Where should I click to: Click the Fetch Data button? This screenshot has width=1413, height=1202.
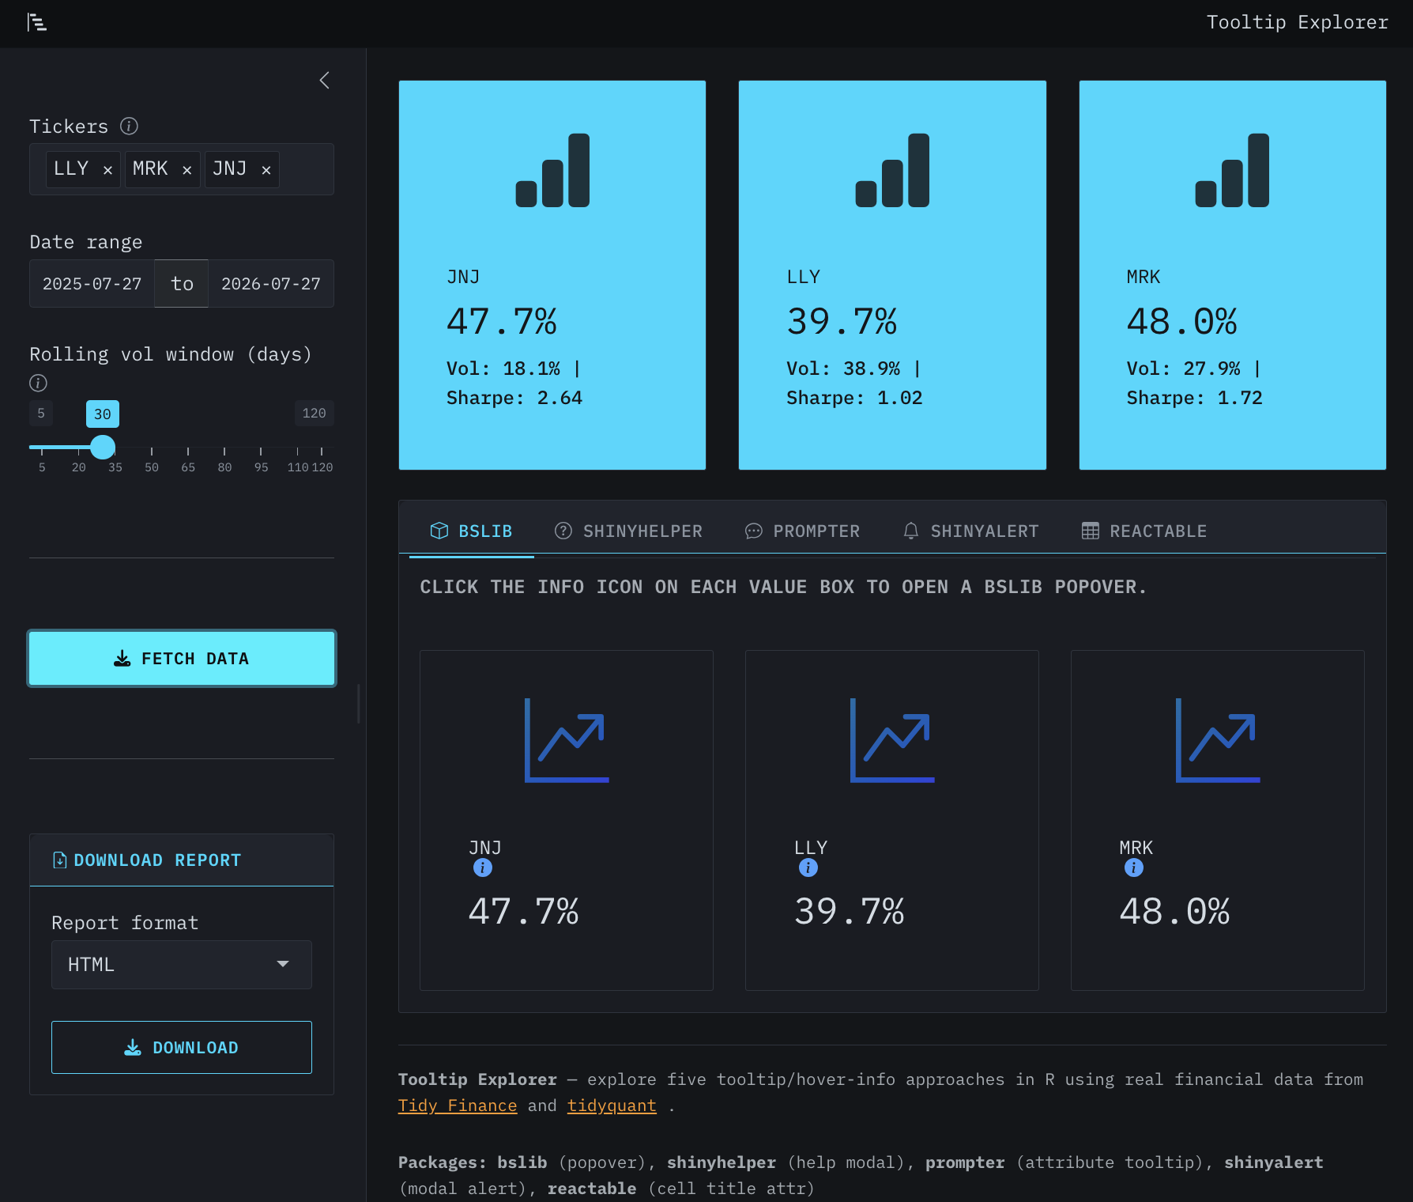[x=182, y=658]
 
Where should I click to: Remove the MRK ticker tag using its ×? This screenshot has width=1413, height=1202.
[x=187, y=170]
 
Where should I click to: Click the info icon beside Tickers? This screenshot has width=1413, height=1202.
[x=129, y=126]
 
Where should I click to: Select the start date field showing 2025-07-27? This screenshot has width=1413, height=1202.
[x=92, y=284]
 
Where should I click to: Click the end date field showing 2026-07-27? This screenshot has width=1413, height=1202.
[x=271, y=284]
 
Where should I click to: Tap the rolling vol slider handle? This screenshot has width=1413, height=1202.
[x=103, y=447]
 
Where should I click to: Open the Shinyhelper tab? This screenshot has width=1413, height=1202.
[x=628, y=531]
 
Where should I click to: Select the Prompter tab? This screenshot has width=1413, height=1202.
[x=802, y=531]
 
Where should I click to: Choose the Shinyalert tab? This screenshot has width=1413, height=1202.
[x=970, y=531]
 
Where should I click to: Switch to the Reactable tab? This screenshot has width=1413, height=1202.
[x=1144, y=531]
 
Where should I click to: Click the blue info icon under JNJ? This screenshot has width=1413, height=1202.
[x=483, y=867]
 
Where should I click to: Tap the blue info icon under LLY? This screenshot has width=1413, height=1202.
[x=808, y=867]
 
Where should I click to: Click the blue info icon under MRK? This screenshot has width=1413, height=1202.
[x=1134, y=867]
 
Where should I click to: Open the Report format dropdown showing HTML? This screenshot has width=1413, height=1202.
[x=182, y=965]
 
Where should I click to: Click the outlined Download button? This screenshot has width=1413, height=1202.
[x=182, y=1047]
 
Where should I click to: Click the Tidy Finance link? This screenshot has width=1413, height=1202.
[x=458, y=1106]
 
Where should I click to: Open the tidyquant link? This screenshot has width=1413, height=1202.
[x=612, y=1106]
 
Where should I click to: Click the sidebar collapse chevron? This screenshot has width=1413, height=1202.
[x=324, y=80]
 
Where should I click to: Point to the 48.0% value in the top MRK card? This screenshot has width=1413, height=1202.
[x=1181, y=321]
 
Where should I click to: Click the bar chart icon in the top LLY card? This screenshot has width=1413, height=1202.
[x=892, y=170]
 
